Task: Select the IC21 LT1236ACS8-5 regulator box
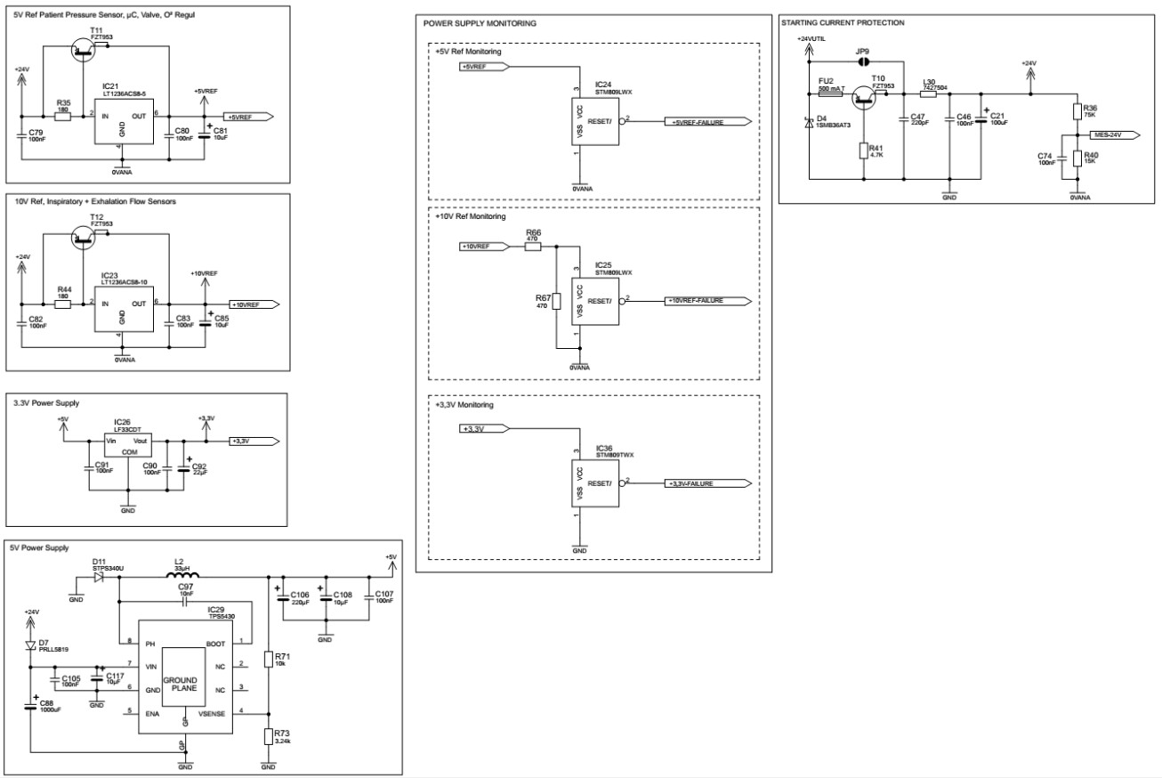tap(124, 121)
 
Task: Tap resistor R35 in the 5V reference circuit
tap(62, 117)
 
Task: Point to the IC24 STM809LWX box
tap(595, 122)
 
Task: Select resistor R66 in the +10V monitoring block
tap(533, 247)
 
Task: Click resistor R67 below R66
tap(556, 302)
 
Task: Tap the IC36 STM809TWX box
tap(595, 483)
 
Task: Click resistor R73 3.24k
tap(267, 736)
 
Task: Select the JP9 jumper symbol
tap(860, 62)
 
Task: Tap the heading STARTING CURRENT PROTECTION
tap(843, 22)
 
